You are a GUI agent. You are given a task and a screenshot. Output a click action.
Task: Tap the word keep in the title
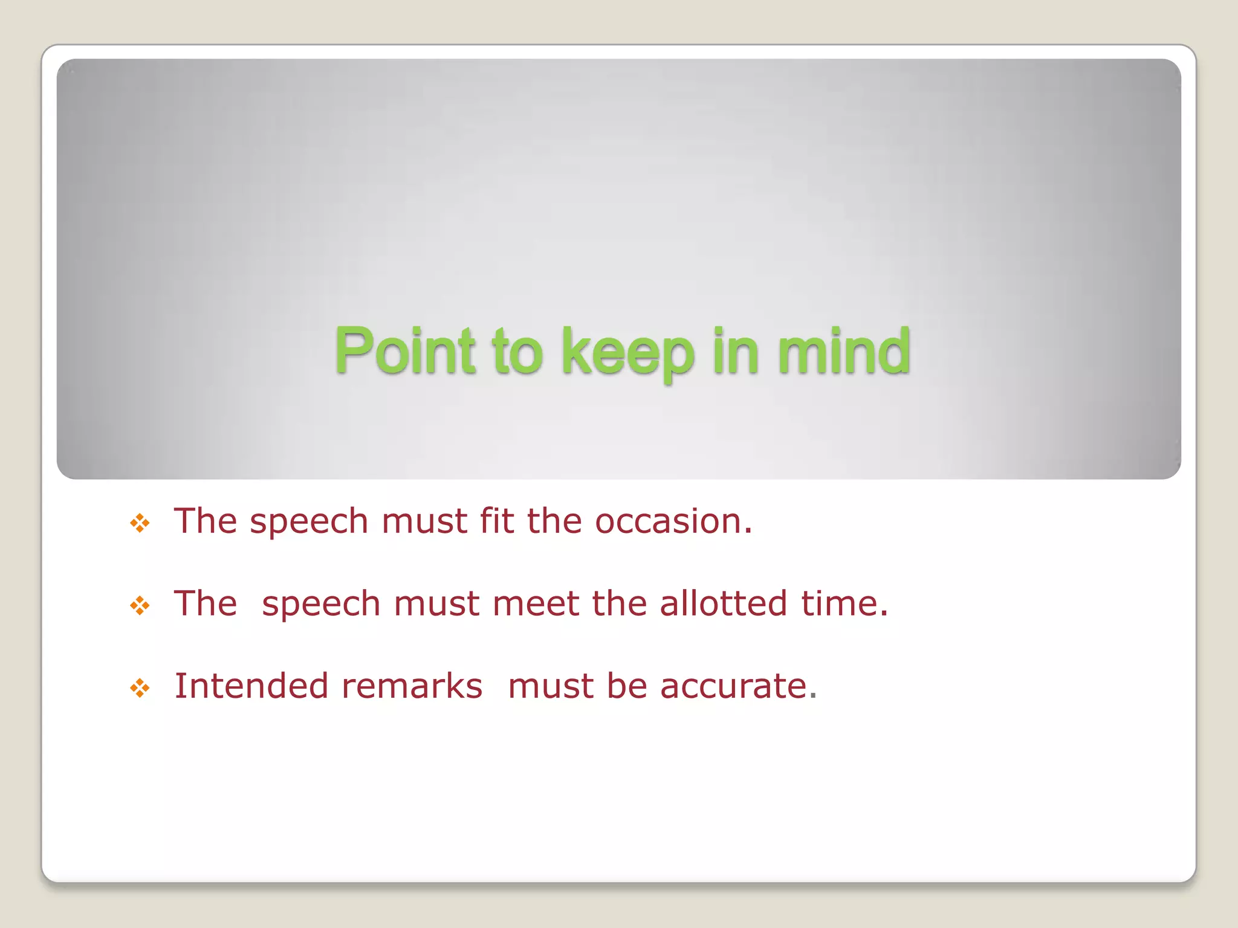(x=627, y=353)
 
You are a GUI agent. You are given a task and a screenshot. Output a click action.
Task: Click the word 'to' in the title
(x=517, y=353)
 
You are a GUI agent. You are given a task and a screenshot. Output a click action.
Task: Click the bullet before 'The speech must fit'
(x=140, y=523)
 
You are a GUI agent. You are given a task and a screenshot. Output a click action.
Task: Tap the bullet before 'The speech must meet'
(x=140, y=605)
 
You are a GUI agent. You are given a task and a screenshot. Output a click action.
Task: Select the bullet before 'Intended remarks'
(x=140, y=688)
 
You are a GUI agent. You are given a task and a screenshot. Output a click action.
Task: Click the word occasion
(x=673, y=521)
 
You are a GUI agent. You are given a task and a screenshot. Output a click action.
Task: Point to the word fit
(x=496, y=521)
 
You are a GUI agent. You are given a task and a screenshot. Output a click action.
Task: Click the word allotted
(x=723, y=604)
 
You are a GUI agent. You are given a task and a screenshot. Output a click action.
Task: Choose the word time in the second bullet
(x=843, y=604)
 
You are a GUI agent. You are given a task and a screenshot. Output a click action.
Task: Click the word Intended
(x=251, y=686)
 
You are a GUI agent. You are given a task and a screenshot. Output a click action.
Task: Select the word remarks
(x=412, y=686)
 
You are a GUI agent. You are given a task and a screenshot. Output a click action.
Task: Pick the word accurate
(x=737, y=686)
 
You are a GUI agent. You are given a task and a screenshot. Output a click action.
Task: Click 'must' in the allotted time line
(x=436, y=604)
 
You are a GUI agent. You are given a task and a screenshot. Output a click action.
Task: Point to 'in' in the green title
(x=735, y=352)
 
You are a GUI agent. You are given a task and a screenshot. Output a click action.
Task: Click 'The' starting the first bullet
(x=205, y=521)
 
